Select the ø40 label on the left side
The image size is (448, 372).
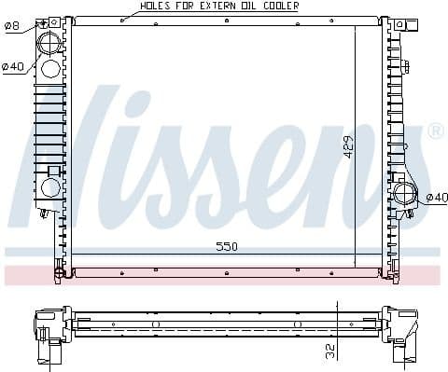click(x=12, y=66)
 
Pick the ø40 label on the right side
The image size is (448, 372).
click(x=436, y=197)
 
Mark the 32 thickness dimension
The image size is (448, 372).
click(x=329, y=350)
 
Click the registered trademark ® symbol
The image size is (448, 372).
click(x=435, y=132)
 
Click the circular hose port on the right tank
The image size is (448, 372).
click(x=405, y=195)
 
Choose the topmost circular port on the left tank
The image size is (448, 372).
click(x=49, y=40)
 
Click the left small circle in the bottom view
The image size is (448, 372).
click(x=156, y=324)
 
